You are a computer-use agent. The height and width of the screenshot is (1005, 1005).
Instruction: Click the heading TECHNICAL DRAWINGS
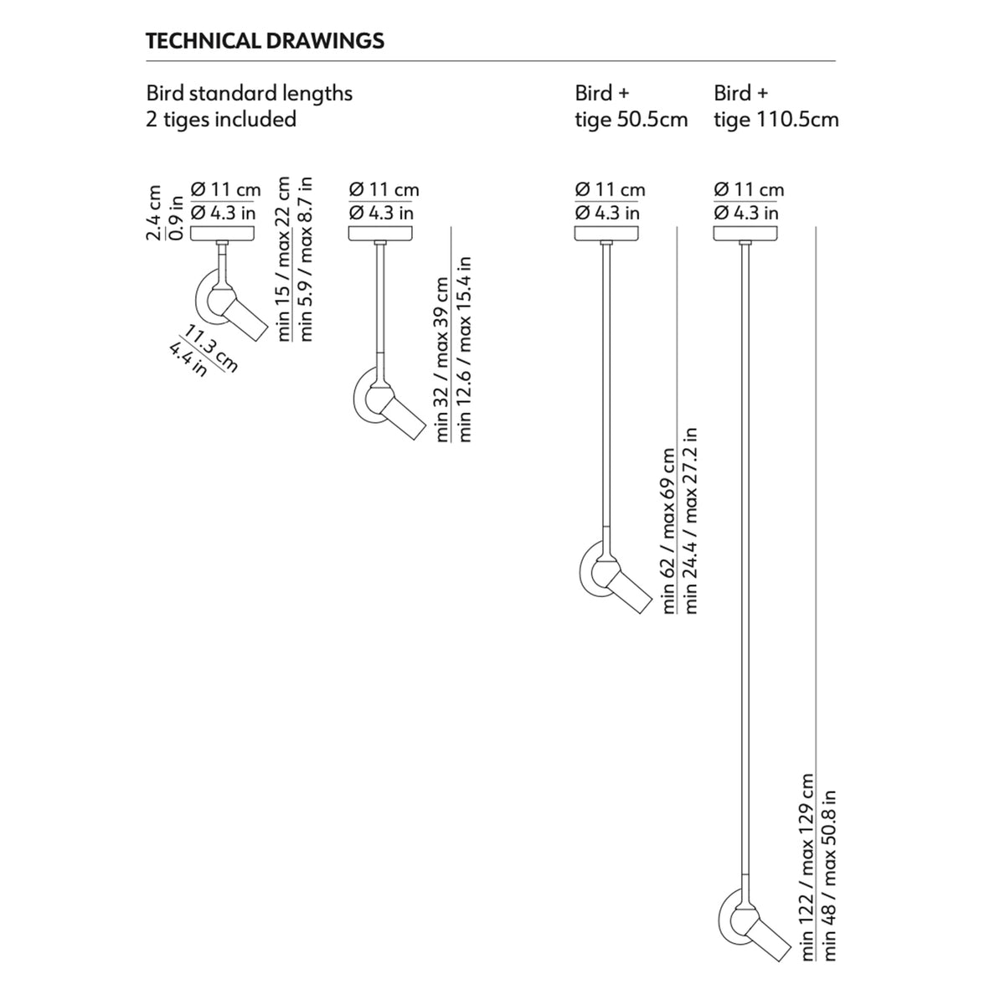click(265, 41)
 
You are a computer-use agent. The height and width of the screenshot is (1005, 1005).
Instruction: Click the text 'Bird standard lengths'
click(250, 93)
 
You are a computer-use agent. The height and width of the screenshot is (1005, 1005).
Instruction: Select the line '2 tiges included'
click(221, 120)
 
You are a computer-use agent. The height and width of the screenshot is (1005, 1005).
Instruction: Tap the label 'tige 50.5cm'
click(631, 120)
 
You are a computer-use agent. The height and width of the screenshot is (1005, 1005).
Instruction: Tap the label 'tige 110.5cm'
click(776, 120)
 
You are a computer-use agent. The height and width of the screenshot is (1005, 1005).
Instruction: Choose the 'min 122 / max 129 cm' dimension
click(808, 867)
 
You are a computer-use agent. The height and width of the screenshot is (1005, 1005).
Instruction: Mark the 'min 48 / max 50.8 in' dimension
click(830, 875)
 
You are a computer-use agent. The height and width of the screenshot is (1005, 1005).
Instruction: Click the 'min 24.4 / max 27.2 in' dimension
click(691, 521)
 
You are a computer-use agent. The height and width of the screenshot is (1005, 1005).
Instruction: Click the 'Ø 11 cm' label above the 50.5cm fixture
click(610, 190)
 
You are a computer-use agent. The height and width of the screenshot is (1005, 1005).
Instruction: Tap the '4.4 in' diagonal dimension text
click(187, 358)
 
